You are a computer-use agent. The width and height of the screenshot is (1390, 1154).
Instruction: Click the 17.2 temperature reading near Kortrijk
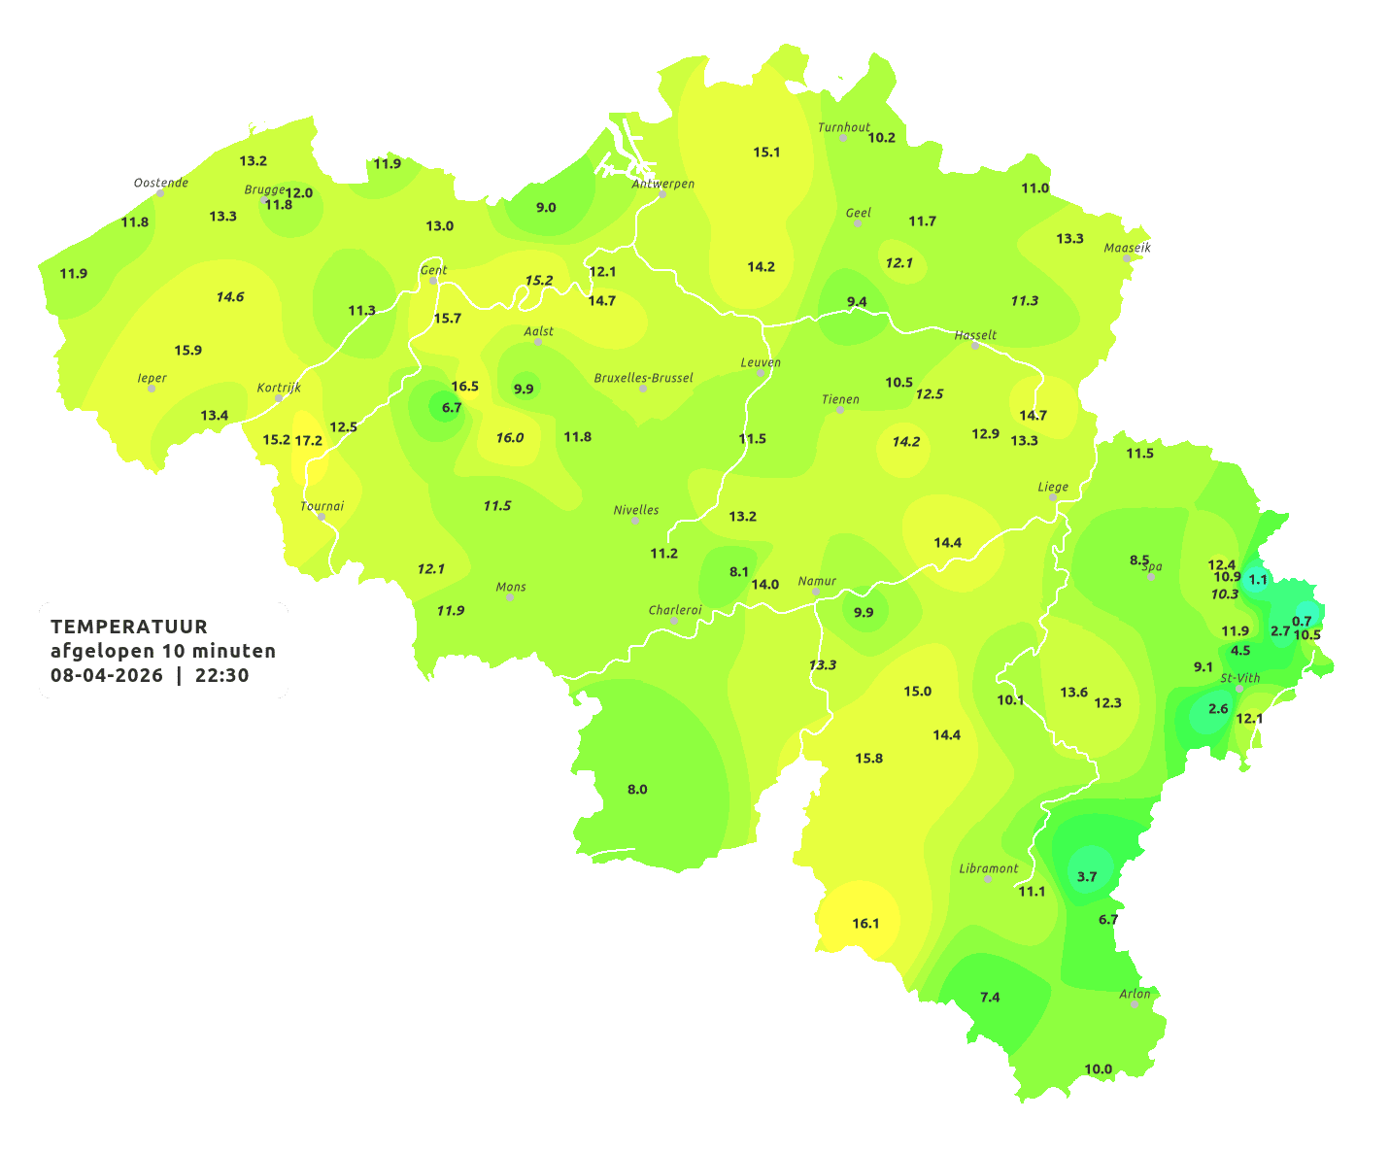[309, 440]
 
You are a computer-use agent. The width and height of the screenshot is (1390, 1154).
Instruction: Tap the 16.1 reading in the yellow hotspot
[865, 923]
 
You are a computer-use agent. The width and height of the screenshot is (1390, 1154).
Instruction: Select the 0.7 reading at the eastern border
[1302, 621]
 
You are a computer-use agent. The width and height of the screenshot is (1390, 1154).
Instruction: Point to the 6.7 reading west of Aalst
[452, 408]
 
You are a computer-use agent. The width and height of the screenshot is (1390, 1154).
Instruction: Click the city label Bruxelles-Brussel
[644, 377]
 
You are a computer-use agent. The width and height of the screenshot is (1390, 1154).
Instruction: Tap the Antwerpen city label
[663, 183]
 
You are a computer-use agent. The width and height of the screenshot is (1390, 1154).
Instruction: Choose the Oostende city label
[160, 182]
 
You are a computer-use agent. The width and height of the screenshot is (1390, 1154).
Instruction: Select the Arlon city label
[1135, 993]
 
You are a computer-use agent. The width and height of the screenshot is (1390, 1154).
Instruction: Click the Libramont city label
[989, 868]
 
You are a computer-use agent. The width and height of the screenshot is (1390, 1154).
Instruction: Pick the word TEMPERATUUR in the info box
[129, 627]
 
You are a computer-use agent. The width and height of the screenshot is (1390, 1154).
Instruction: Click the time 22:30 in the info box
[222, 675]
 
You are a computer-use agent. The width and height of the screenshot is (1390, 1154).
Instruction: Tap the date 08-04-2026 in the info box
[107, 675]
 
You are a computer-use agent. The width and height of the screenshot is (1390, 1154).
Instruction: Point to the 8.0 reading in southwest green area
[637, 790]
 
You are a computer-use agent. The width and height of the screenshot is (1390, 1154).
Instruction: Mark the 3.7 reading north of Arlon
[1087, 876]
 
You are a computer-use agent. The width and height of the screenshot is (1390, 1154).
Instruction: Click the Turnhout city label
[844, 127]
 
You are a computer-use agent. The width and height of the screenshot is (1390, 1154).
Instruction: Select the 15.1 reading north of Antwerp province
[766, 152]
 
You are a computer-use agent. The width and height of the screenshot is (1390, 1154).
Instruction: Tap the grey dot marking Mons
[510, 597]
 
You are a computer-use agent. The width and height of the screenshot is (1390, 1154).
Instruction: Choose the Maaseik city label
[1127, 248]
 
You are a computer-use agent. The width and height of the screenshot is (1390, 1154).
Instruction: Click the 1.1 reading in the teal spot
[1258, 580]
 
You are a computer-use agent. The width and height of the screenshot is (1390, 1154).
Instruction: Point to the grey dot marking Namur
[816, 592]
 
